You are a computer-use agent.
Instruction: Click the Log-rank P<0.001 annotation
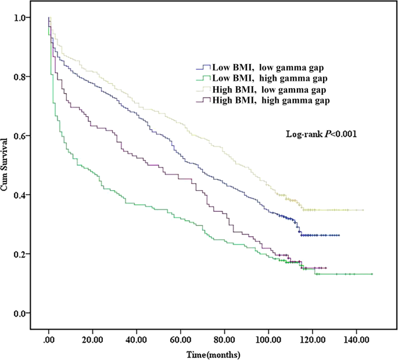coord(320,134)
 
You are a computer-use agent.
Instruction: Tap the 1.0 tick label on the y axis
coord(20,18)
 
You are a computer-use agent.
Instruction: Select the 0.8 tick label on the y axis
coord(20,77)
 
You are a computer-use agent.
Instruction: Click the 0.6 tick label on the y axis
coord(20,136)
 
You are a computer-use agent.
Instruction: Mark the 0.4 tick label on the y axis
coord(20,195)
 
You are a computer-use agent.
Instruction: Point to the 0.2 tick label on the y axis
coord(20,254)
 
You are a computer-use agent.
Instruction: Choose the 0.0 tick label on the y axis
coord(20,313)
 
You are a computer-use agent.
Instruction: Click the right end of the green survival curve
coord(371,274)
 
